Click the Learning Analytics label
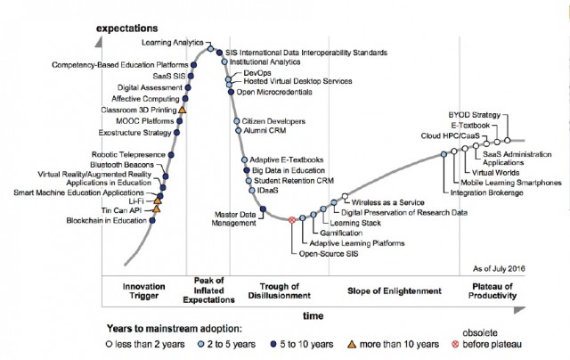173,42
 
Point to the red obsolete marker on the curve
292,219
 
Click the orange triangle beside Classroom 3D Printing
183,110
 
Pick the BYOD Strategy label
473,116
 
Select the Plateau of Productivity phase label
493,291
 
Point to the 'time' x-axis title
313,316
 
